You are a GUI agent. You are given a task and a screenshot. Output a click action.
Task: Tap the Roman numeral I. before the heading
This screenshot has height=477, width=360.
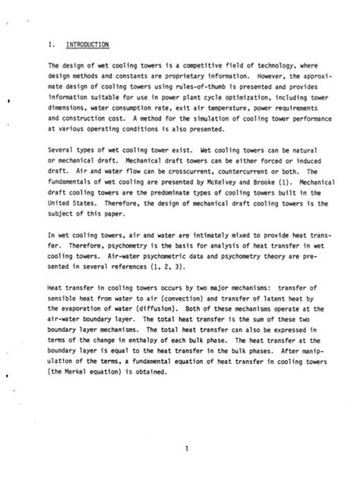[50, 45]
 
